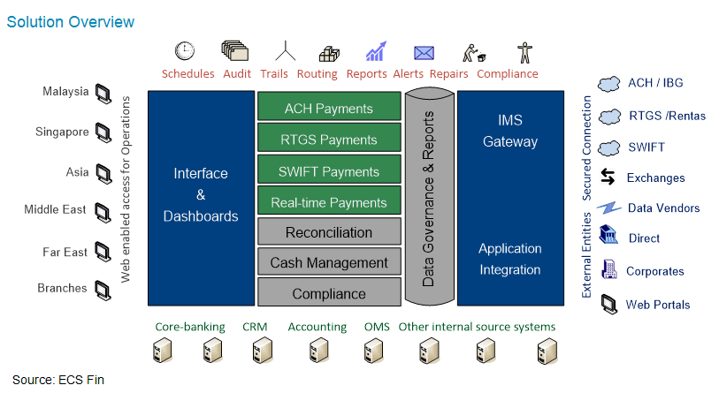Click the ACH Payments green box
[328, 109]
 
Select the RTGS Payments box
[328, 140]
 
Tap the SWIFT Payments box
[328, 171]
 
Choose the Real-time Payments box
[328, 202]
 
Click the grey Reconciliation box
[328, 233]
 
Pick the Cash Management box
[328, 263]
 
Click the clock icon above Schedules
[185, 50]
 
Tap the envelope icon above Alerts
[425, 52]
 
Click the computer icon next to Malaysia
[103, 91]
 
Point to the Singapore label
[62, 132]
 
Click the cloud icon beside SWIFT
[608, 147]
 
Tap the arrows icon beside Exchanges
[608, 178]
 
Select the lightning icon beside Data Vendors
[608, 208]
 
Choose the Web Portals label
[658, 305]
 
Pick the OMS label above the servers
[377, 327]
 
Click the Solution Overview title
[71, 21]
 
